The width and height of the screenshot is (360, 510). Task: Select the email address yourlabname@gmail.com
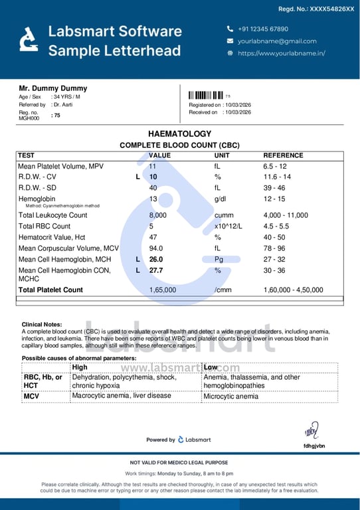coord(277,41)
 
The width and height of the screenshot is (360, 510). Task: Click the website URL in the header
coord(281,53)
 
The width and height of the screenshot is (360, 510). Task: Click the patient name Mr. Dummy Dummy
coord(52,88)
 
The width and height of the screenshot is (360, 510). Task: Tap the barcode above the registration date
coord(205,95)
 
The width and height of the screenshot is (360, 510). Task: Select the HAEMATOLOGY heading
coord(179,133)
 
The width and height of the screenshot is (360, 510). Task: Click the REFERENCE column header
coord(283,155)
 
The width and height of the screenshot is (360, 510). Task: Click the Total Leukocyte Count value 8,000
coord(157,215)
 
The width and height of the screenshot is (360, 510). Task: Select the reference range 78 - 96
coord(277,248)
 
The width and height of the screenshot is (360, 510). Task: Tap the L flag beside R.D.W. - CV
coord(137,177)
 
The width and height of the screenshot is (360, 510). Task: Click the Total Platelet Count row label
coord(50,290)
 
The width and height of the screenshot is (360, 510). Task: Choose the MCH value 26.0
coord(156,259)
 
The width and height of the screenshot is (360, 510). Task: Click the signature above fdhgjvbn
coord(311,431)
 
